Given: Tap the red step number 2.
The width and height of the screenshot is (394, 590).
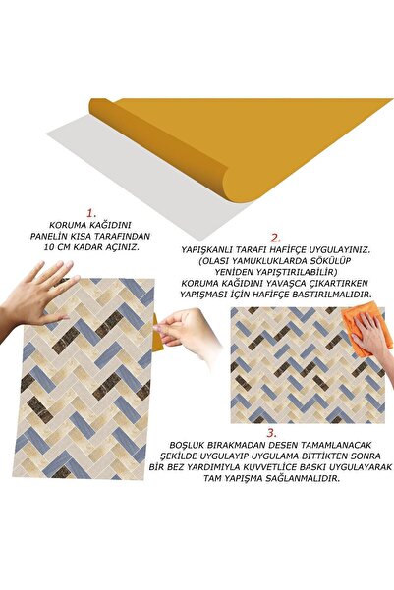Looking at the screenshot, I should click(276, 238).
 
